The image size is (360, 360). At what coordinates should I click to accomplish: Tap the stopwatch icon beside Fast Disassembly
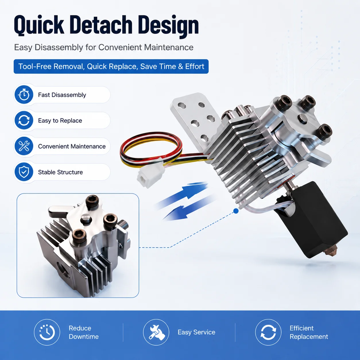pyautogui.click(x=24, y=95)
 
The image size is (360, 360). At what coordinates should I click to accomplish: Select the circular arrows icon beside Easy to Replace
pyautogui.click(x=24, y=120)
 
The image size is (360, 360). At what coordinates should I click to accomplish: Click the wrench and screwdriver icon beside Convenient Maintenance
pyautogui.click(x=24, y=146)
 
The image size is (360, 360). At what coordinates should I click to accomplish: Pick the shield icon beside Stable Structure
pyautogui.click(x=24, y=172)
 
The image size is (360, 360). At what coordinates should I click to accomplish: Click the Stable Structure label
pyautogui.click(x=60, y=172)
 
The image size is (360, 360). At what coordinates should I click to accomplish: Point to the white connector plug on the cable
pyautogui.click(x=149, y=177)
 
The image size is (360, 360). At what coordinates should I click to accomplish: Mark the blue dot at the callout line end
pyautogui.click(x=236, y=211)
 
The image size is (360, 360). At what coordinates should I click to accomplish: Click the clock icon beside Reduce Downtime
pyautogui.click(x=47, y=332)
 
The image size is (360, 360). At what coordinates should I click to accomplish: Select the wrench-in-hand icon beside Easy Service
pyautogui.click(x=156, y=332)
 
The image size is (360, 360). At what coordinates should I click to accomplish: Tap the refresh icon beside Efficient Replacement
pyautogui.click(x=268, y=332)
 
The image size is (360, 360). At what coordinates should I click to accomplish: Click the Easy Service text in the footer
pyautogui.click(x=196, y=332)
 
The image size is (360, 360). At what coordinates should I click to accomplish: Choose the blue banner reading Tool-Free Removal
pyautogui.click(x=111, y=67)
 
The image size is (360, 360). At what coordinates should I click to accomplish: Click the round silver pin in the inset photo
pyautogui.click(x=86, y=218)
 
